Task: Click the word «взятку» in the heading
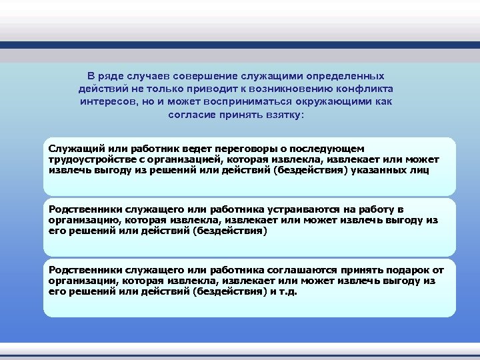(x=285, y=115)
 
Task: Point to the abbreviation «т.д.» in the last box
(x=288, y=292)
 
